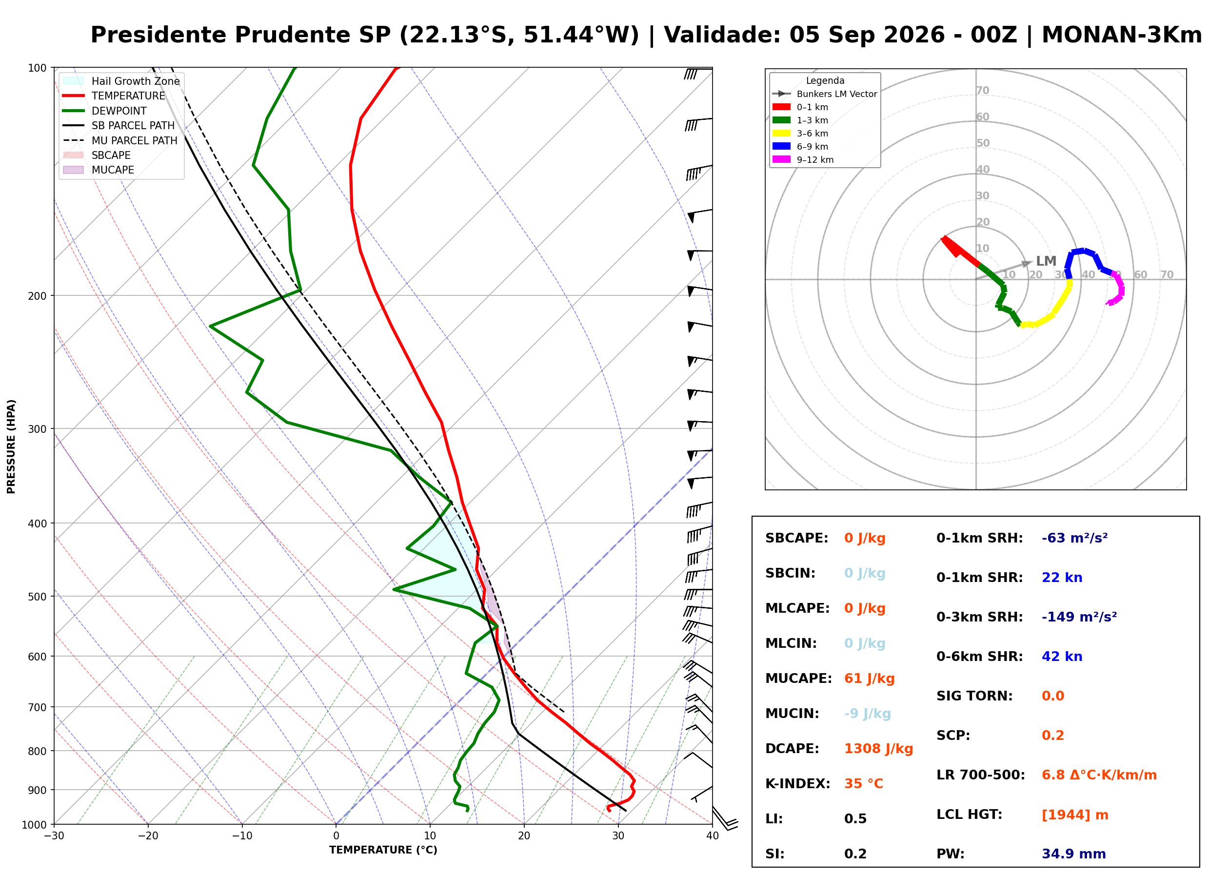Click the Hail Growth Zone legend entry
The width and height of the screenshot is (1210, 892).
pyautogui.click(x=121, y=81)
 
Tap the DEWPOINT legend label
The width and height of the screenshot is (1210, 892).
pyautogui.click(x=119, y=111)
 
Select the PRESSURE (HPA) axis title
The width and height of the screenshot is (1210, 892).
pyautogui.click(x=11, y=446)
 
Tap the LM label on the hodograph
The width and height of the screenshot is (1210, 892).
pyautogui.click(x=1046, y=261)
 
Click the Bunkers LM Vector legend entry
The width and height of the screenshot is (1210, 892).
pyautogui.click(x=825, y=94)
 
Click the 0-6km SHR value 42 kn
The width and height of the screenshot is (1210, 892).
pyautogui.click(x=1062, y=657)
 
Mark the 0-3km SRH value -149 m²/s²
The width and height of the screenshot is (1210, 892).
pyautogui.click(x=1079, y=617)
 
